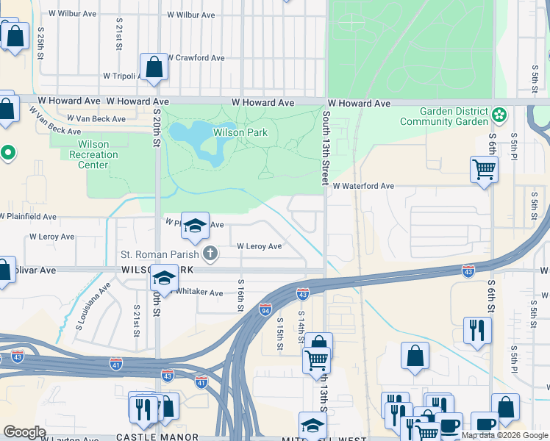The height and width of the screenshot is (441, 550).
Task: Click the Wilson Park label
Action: coord(240,133)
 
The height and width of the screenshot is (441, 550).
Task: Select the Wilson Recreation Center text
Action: coord(93,155)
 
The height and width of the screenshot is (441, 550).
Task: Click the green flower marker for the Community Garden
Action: coord(500,115)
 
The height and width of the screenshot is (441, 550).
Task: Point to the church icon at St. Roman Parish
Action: coord(210,254)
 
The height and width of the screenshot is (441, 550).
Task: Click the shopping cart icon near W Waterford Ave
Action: coord(484,169)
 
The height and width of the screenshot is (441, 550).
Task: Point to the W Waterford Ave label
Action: coord(363,187)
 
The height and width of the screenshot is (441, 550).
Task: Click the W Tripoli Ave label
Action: coord(126,76)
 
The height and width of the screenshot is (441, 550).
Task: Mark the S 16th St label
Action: coord(240,295)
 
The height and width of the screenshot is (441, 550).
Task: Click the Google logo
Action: coord(25,432)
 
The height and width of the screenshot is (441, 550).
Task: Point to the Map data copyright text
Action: coord(504,435)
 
